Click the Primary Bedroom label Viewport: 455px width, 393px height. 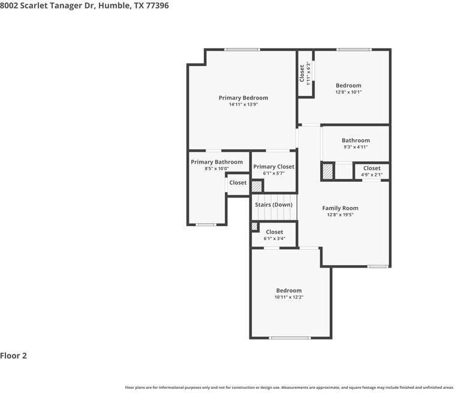(243, 98)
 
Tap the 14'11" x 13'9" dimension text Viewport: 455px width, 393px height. (243, 104)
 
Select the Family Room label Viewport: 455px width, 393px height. (340, 208)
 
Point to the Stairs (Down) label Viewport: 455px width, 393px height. (273, 205)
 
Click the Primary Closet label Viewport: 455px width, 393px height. (273, 167)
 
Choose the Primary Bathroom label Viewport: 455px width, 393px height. (217, 162)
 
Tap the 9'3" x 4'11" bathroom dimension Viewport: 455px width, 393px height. (355, 147)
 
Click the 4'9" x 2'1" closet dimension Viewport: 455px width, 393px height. (372, 175)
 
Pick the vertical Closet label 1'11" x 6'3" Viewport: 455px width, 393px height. (305, 73)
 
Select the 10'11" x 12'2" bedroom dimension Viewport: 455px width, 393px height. (289, 297)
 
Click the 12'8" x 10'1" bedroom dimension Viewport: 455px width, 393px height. (348, 92)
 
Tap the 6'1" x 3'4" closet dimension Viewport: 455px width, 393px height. (275, 238)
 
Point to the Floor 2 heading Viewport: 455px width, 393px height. (13, 356)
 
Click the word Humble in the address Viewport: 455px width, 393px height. (114, 5)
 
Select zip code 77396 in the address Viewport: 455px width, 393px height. (157, 5)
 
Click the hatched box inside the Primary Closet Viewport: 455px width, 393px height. (257, 187)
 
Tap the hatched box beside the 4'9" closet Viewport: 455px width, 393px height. (327, 172)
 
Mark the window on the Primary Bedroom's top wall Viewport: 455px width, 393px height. (242, 50)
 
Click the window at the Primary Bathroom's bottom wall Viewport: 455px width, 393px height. (206, 224)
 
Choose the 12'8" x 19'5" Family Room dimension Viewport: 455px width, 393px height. (340, 215)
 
